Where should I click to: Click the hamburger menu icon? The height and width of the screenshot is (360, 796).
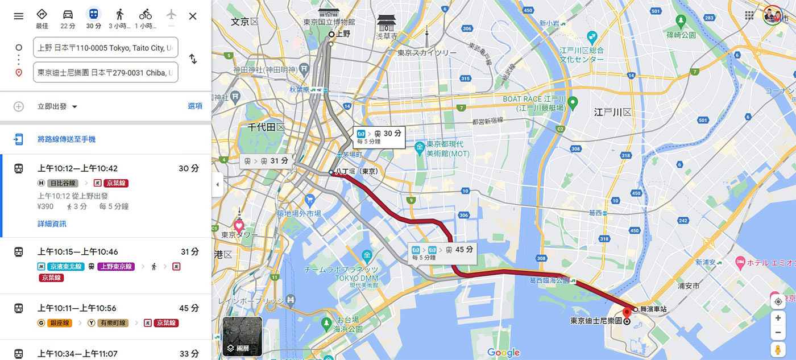pyautogui.click(x=19, y=16)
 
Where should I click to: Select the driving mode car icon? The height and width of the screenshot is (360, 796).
pyautogui.click(x=68, y=15)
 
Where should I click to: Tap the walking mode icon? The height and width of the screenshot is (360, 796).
pyautogui.click(x=119, y=15)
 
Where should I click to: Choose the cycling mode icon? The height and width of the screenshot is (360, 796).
pyautogui.click(x=146, y=15)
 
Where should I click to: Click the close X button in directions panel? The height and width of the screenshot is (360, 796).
pyautogui.click(x=193, y=16)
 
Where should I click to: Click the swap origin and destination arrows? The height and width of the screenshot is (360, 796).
pyautogui.click(x=193, y=59)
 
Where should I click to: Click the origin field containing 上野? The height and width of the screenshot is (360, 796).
pyautogui.click(x=106, y=48)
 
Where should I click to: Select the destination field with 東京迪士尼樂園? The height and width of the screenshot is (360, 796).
pyautogui.click(x=106, y=73)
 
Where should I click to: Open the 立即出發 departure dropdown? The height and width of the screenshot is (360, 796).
pyautogui.click(x=57, y=106)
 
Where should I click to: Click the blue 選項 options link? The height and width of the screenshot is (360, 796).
pyautogui.click(x=195, y=106)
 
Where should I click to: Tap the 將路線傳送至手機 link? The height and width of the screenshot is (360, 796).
pyautogui.click(x=67, y=139)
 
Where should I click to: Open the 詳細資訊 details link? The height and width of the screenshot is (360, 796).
pyautogui.click(x=52, y=224)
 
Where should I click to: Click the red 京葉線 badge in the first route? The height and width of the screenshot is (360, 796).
pyautogui.click(x=115, y=183)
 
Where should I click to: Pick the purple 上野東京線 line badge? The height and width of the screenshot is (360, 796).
pyautogui.click(x=116, y=266)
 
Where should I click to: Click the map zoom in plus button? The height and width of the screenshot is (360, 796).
pyautogui.click(x=778, y=318)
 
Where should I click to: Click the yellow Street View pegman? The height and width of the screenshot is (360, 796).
pyautogui.click(x=778, y=349)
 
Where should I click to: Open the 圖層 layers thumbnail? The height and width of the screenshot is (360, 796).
pyautogui.click(x=242, y=336)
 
